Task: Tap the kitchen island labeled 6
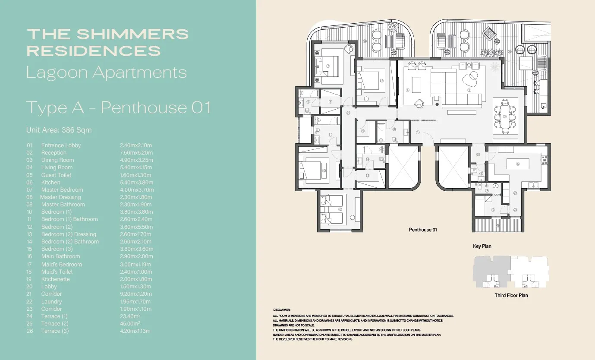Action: tap(518, 164)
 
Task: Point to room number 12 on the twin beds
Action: tap(340, 209)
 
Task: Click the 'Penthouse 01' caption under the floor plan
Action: tap(423, 230)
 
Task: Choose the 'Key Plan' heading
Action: tap(482, 246)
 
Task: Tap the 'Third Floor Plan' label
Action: tap(511, 295)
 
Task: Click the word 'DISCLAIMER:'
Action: tap(282, 310)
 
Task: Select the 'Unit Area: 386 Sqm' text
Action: tap(59, 130)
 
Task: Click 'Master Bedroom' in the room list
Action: tap(62, 189)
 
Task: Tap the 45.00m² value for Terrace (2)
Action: tap(130, 323)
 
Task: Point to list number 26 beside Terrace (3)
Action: tap(30, 331)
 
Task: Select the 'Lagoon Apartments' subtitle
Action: tap(106, 73)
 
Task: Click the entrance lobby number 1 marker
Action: tap(418, 132)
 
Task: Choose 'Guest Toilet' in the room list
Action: tap(56, 175)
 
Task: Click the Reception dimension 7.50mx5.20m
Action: tap(136, 152)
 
